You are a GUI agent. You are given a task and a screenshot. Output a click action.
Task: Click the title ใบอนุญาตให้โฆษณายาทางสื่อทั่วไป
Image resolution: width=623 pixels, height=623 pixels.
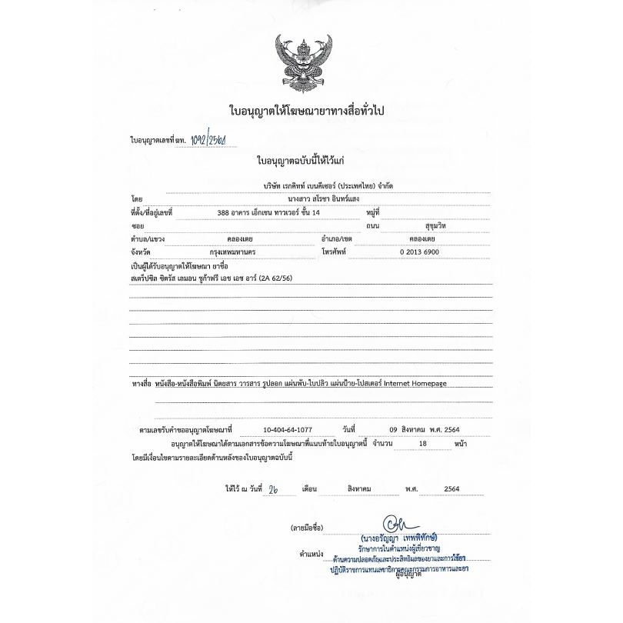click(307, 111)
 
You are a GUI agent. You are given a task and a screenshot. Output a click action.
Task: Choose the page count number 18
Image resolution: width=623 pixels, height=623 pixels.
click(421, 444)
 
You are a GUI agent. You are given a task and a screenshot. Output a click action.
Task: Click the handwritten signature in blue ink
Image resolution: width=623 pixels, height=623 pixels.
click(401, 523)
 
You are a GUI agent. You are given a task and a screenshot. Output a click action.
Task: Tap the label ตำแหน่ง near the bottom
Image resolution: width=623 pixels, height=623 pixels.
click(312, 554)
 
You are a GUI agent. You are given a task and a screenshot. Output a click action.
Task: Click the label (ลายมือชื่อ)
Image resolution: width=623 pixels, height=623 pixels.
click(307, 528)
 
